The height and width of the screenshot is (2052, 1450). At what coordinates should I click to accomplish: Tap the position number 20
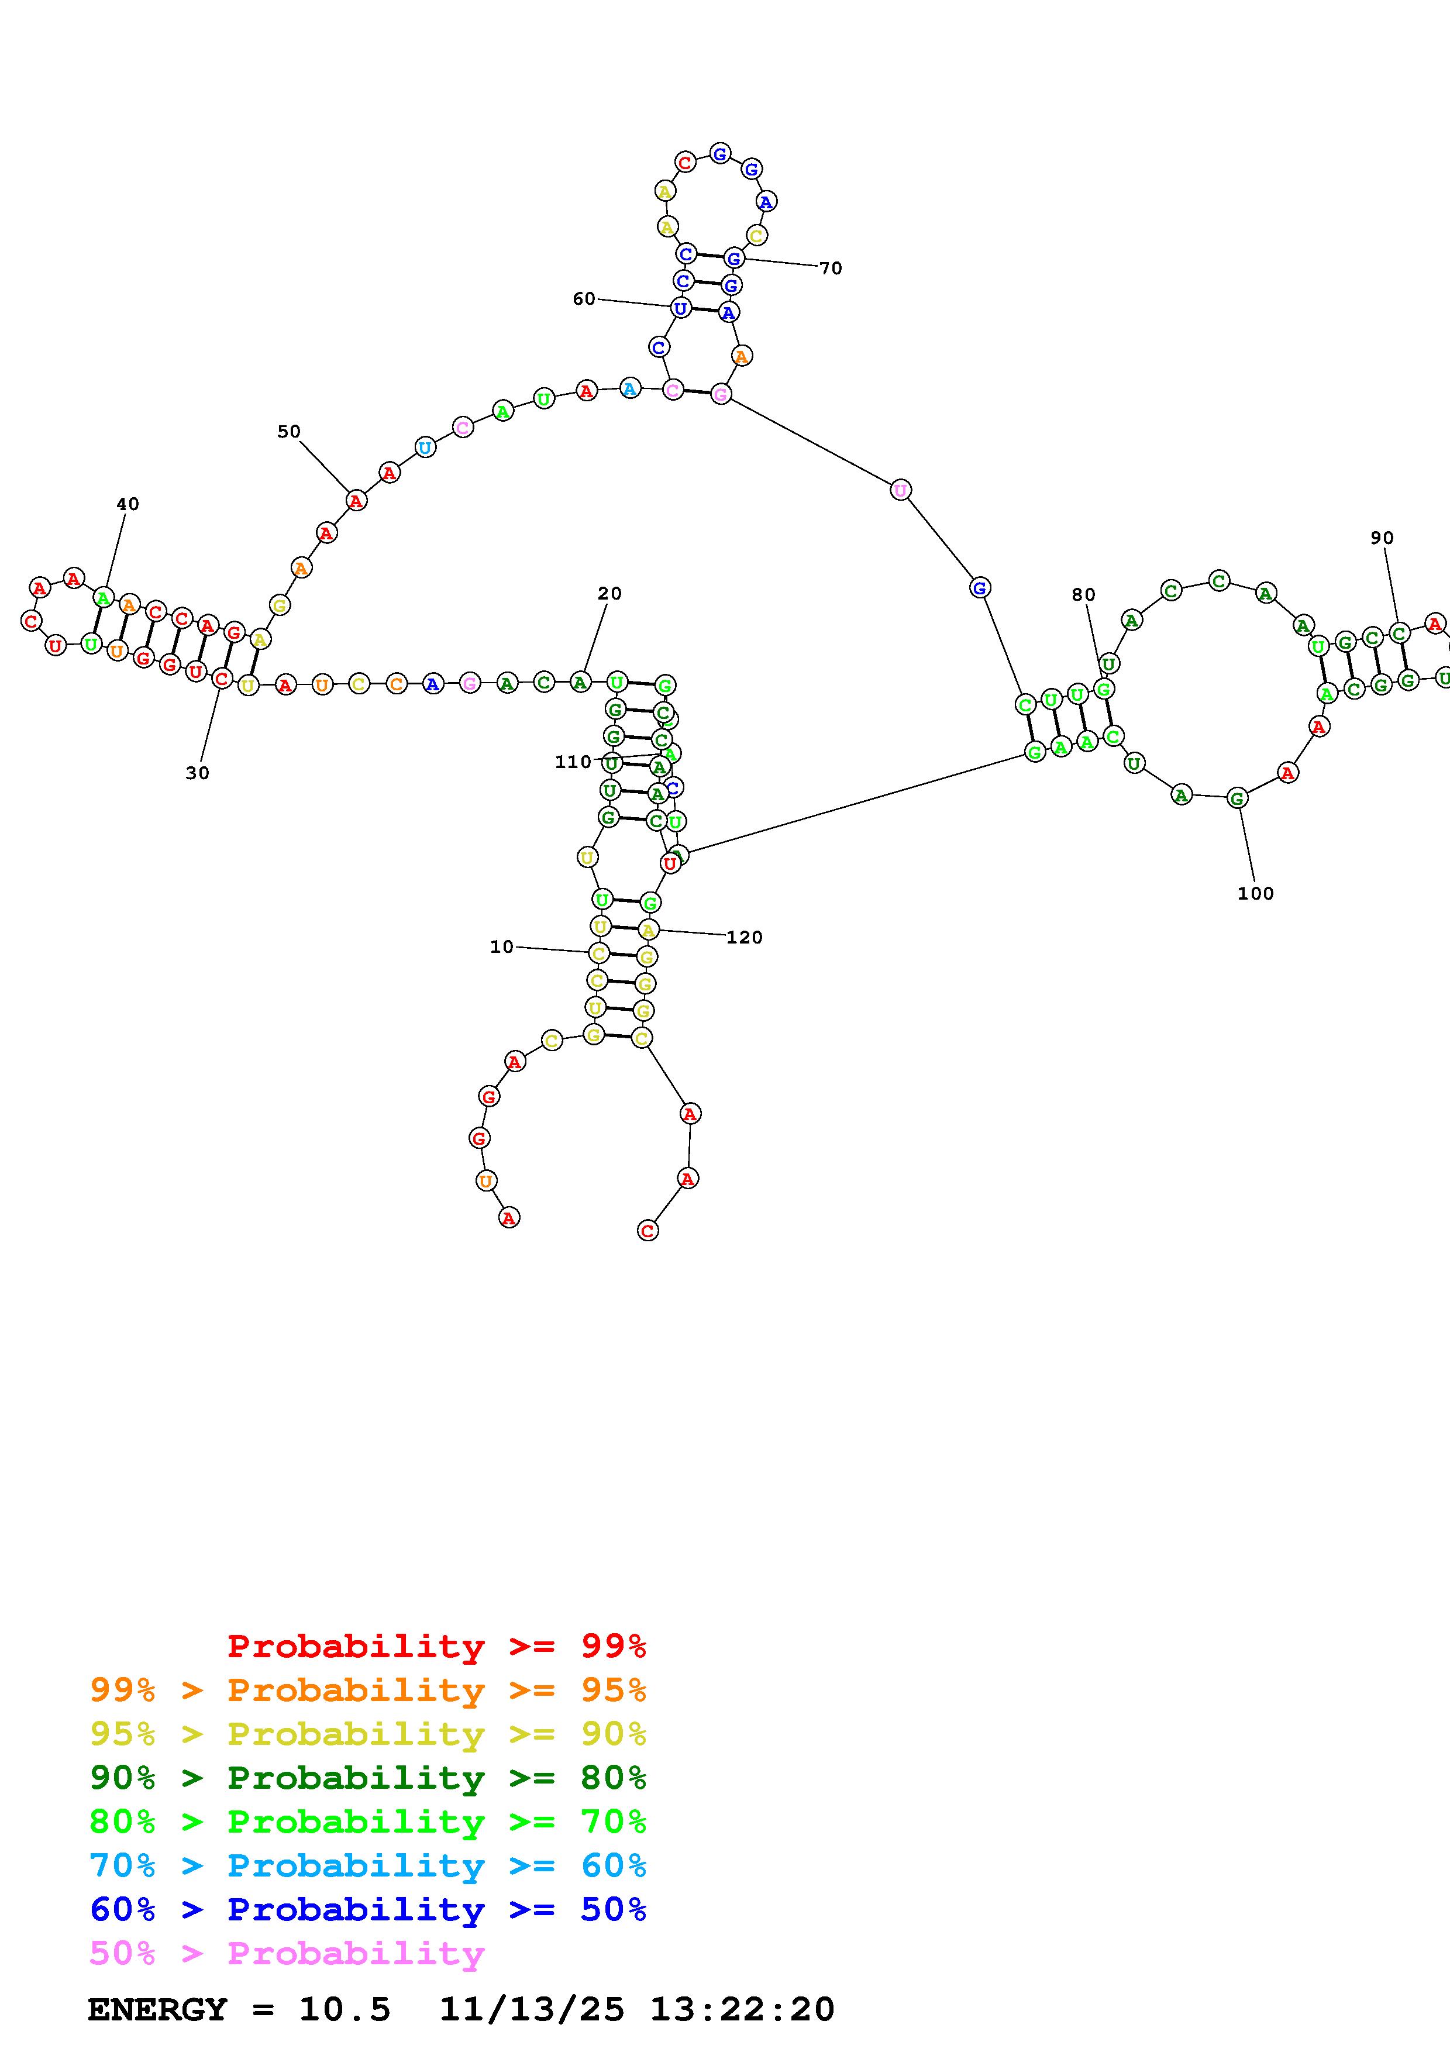pos(609,594)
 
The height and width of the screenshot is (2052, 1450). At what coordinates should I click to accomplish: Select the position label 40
pos(128,504)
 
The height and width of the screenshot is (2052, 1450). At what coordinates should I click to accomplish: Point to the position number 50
pos(288,432)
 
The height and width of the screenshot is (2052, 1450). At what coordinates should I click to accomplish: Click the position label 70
pos(831,268)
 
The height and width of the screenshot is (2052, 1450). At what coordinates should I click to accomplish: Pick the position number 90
pos(1382,538)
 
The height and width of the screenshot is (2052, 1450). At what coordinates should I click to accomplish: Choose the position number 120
pos(744,938)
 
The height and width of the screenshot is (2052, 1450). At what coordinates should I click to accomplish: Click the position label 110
pos(573,762)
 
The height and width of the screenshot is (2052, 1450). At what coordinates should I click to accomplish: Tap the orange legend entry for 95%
pos(368,1690)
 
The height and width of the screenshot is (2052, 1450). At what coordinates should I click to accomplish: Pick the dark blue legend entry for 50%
pos(368,1909)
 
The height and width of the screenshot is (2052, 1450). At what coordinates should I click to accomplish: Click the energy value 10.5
pos(345,2009)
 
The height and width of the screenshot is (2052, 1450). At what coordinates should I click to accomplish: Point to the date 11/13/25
pos(532,2009)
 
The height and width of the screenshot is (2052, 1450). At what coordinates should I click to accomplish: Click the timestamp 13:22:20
pos(742,2009)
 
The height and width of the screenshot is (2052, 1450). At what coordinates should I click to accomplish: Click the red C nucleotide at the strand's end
pos(647,1231)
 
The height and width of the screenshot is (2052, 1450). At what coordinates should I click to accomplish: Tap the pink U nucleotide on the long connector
pos(901,490)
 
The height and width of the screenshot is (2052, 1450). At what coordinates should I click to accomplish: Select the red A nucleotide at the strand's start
pos(508,1217)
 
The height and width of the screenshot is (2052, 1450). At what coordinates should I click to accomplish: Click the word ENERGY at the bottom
pos(157,2009)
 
